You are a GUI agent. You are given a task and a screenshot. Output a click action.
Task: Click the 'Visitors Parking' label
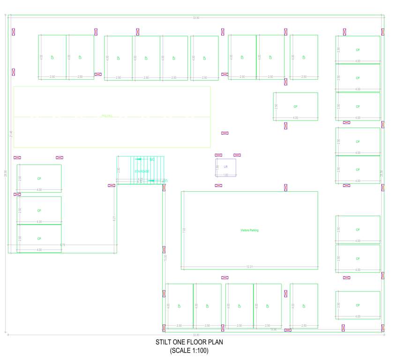point(249,230)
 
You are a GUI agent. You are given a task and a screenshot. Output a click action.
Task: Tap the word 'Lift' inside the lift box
point(225,166)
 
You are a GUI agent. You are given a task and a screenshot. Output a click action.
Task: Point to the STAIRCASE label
point(142,172)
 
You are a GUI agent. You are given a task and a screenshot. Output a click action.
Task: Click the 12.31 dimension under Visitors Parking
point(249,267)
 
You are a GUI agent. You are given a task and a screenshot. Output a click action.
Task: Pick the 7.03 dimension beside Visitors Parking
point(184,230)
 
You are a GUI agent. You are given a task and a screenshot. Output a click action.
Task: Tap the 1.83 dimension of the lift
point(225,175)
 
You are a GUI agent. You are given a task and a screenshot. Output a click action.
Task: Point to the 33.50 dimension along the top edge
point(196,18)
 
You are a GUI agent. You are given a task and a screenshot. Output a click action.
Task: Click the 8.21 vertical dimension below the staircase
point(114,218)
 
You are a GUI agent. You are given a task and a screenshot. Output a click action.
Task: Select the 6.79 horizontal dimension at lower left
point(62,245)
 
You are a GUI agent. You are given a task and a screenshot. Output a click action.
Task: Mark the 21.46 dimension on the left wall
point(11,134)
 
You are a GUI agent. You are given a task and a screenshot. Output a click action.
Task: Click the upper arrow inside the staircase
point(139,159)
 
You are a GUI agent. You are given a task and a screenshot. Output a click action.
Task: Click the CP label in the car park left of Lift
point(39,179)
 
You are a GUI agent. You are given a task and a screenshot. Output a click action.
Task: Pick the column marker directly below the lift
point(218,186)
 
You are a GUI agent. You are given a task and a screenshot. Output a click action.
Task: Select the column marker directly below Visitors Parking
point(224,277)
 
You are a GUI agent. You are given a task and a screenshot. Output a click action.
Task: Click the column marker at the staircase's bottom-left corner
point(112,186)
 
